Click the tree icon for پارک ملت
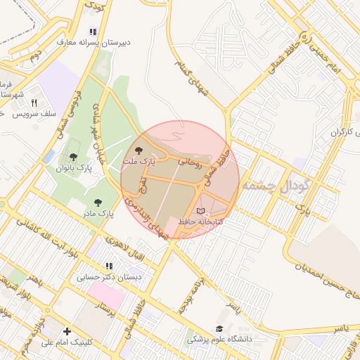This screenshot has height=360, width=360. click(x=139, y=150)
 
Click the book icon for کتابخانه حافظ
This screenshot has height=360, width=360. click(x=202, y=211)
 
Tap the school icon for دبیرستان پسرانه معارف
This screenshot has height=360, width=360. click(x=93, y=32)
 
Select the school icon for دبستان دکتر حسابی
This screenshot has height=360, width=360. click(x=108, y=266)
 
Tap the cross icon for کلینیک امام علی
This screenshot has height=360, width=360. click(x=67, y=331)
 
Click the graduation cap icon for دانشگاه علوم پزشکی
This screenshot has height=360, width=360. click(x=219, y=328)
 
